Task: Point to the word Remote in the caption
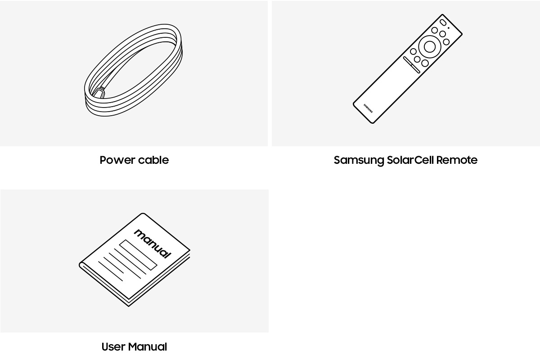[457, 160]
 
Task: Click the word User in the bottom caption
[113, 347]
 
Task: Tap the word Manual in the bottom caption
[148, 347]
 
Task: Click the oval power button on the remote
[443, 22]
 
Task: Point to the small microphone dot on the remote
[448, 28]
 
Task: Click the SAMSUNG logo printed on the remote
[368, 108]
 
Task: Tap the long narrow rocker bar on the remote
[411, 65]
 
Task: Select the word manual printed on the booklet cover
[153, 243]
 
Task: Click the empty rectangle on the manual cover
[138, 255]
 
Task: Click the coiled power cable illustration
[133, 70]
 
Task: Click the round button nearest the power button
[435, 30]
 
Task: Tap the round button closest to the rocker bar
[417, 59]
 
